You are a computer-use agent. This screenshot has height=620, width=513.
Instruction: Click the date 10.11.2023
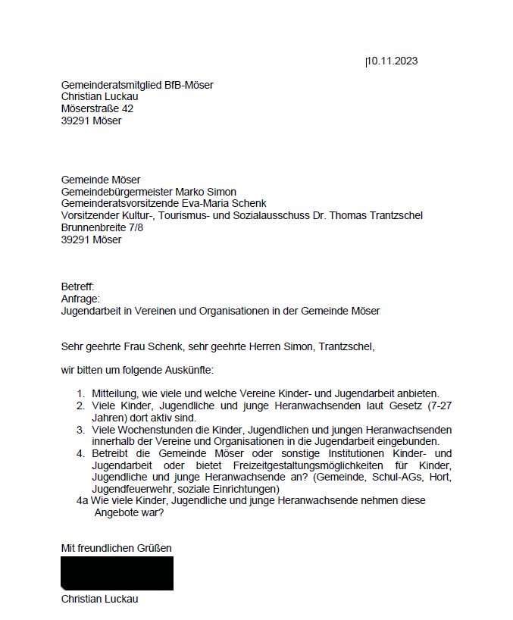pyautogui.click(x=392, y=61)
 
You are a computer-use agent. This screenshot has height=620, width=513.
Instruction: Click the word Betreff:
pyautogui.click(x=77, y=287)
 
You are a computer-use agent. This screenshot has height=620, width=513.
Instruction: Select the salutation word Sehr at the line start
pyautogui.click(x=73, y=348)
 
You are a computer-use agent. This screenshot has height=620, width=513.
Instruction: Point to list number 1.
pyautogui.click(x=80, y=394)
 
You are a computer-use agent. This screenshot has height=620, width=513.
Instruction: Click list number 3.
pyautogui.click(x=80, y=430)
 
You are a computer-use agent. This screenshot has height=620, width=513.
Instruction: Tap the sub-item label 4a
pyautogui.click(x=83, y=501)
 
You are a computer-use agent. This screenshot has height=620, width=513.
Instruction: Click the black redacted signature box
pyautogui.click(x=117, y=573)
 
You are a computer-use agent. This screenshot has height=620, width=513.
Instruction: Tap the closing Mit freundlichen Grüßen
pyautogui.click(x=117, y=548)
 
